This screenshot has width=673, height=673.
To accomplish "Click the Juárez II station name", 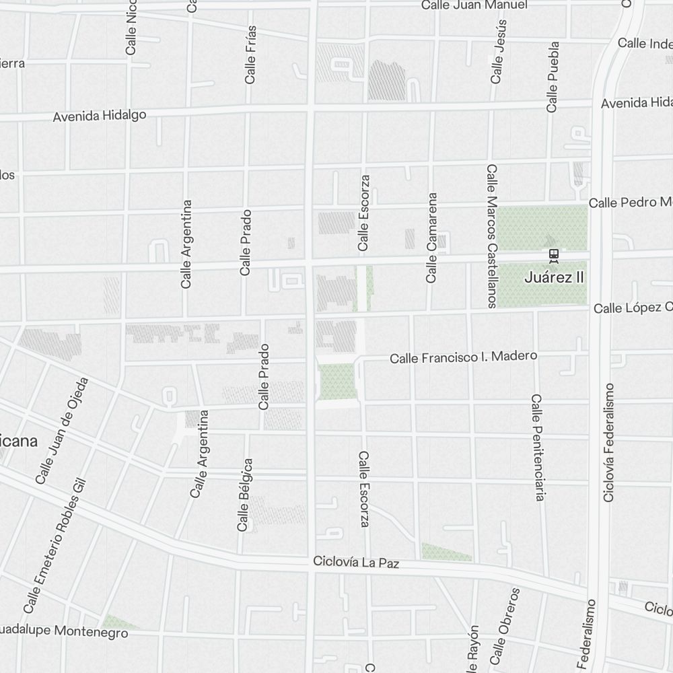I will [553, 277].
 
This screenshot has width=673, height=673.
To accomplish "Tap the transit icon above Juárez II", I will [553, 254].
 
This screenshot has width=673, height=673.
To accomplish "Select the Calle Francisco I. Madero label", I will [464, 357].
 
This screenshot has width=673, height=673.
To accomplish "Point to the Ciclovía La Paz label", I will [356, 563].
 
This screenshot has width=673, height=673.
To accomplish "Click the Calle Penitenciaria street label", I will [536, 448].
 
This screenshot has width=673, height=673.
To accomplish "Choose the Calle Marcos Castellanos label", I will [492, 236].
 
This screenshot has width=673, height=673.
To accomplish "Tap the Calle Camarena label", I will [432, 238].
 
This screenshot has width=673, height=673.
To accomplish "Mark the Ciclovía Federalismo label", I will [609, 443].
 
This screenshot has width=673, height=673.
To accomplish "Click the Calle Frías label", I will [250, 55].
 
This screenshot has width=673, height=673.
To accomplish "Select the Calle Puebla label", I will [553, 77].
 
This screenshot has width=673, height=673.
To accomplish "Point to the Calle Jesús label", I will [498, 51].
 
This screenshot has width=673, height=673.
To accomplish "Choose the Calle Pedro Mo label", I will [630, 203].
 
